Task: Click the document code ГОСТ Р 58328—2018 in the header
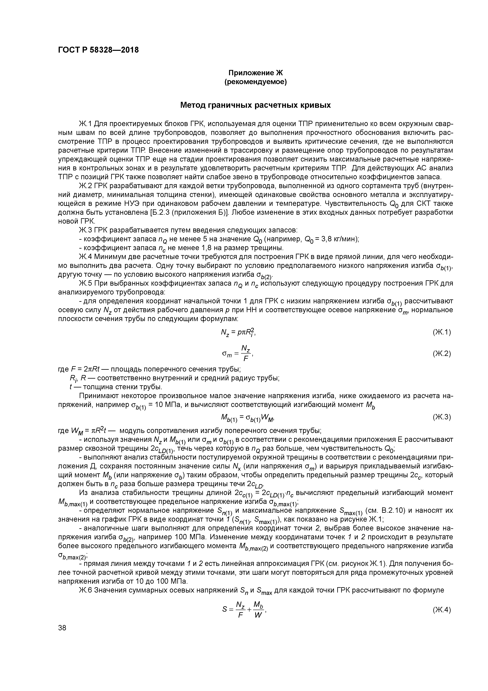tap(98, 50)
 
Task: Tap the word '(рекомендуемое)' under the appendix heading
tap(256, 82)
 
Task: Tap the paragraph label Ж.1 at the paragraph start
tap(86, 124)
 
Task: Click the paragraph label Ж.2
tap(86, 186)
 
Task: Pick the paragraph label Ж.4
tap(86, 257)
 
